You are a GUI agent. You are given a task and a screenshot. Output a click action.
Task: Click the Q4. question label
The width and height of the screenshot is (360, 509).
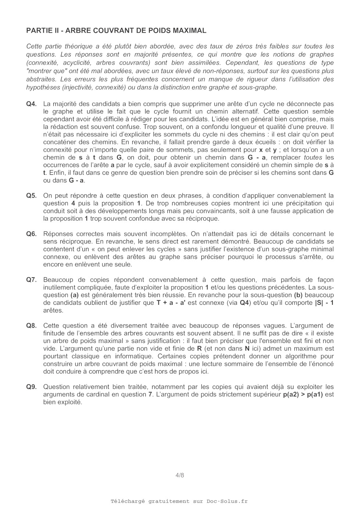[x=31, y=104]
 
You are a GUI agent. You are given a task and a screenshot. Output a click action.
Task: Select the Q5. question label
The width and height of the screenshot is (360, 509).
[x=31, y=196]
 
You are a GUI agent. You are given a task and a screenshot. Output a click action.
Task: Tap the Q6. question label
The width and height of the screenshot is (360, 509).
[x=31, y=234]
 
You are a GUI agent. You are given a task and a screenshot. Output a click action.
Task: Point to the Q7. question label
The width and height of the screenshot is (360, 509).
[x=31, y=280]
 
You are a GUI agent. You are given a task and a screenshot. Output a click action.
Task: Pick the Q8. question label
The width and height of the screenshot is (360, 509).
[x=31, y=326]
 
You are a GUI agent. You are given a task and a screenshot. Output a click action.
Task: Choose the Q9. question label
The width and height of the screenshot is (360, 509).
[x=31, y=387]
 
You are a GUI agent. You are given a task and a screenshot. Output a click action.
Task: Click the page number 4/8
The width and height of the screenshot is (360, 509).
[x=180, y=475]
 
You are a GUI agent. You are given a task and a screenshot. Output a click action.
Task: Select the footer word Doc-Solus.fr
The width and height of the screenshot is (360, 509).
[x=227, y=501]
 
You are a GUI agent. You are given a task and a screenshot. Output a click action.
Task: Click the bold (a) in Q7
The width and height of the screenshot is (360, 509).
[x=75, y=295]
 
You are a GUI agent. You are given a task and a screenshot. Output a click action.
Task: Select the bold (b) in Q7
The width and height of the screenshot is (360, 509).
[x=298, y=295]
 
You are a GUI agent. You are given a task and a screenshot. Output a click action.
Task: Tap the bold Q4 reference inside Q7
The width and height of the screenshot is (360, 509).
[x=244, y=303]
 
